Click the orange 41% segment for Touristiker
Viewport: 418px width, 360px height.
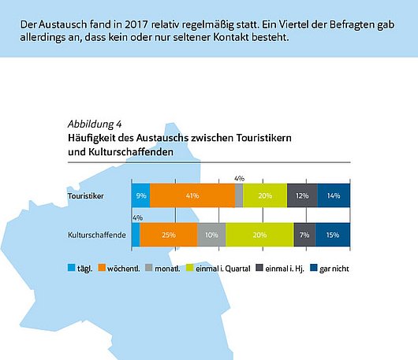click(x=192, y=195)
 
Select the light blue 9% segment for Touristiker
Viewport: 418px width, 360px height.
click(x=140, y=195)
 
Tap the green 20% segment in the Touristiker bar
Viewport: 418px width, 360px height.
click(x=265, y=195)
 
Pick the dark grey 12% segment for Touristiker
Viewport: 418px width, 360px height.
click(x=302, y=195)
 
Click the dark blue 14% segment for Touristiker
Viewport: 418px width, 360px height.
click(x=334, y=195)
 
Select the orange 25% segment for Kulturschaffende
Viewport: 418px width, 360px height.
click(x=169, y=235)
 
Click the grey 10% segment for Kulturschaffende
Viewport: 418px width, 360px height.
click(x=211, y=235)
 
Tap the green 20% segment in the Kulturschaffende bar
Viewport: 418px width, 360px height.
click(x=259, y=235)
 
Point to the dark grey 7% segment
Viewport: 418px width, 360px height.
click(x=304, y=235)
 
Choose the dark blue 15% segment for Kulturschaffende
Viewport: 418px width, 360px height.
click(x=333, y=235)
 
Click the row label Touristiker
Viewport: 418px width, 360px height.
click(x=87, y=195)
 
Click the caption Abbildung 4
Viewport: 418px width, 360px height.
click(x=95, y=124)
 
